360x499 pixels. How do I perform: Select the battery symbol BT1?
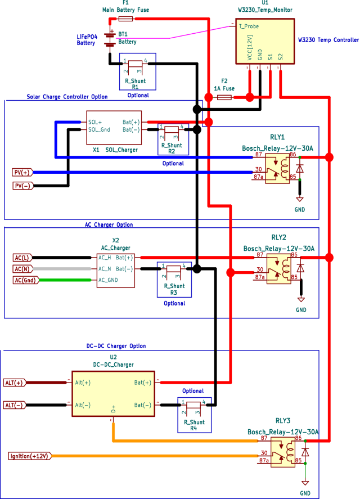(x=110, y=37)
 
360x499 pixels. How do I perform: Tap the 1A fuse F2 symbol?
(x=224, y=97)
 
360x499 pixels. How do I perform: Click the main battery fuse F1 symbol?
(x=125, y=19)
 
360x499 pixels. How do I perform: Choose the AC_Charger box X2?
(x=115, y=269)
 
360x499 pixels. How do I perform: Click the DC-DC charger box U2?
(x=112, y=393)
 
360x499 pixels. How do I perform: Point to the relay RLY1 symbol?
(x=278, y=167)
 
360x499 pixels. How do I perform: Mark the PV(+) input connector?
(x=23, y=172)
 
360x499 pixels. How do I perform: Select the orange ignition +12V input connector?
(x=29, y=455)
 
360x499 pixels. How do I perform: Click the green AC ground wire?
(x=65, y=280)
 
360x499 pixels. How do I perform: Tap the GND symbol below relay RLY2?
(x=301, y=300)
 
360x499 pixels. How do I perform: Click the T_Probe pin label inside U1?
(x=249, y=26)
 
